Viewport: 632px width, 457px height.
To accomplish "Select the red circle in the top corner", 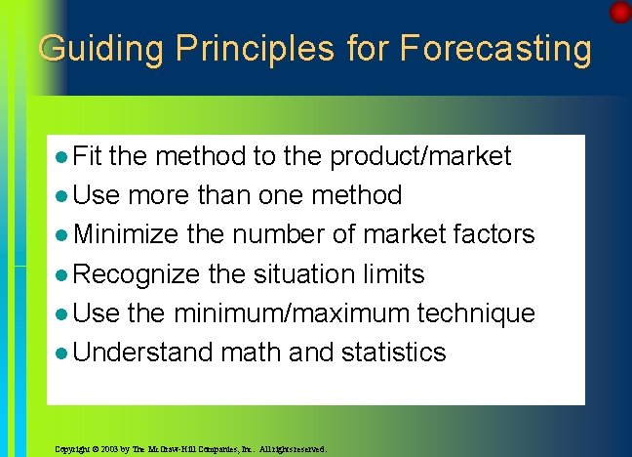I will [620, 13].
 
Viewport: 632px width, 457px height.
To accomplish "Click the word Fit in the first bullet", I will [93, 155].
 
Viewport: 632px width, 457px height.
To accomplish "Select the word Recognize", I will [138, 274].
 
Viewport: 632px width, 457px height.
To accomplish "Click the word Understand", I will [143, 353].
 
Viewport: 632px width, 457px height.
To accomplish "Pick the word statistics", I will [394, 353].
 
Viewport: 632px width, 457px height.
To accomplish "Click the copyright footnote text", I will [191, 450].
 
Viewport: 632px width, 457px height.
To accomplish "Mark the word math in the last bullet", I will [252, 353].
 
